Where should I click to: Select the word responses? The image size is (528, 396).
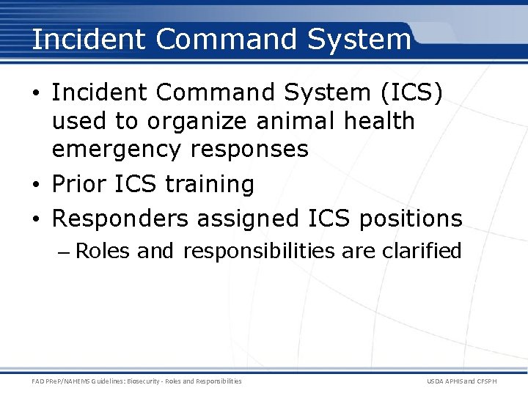[x=249, y=149]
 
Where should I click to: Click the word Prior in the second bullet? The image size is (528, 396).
[x=79, y=184]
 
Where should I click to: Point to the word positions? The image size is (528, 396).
[x=410, y=219]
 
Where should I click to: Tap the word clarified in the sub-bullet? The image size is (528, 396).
[x=421, y=252]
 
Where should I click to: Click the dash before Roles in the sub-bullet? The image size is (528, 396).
[x=64, y=252]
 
